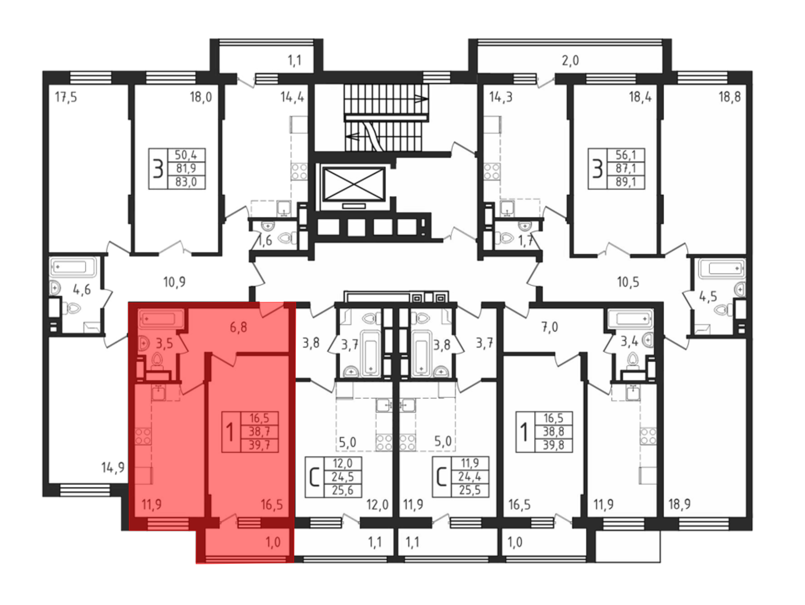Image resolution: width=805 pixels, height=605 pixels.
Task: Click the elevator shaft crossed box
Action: (354, 184)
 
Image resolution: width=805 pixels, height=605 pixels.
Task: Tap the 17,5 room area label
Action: (66, 97)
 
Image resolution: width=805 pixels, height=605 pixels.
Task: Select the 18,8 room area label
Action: (729, 97)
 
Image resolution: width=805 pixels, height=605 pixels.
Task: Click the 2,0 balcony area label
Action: (570, 60)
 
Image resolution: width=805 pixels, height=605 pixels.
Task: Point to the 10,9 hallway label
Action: (174, 282)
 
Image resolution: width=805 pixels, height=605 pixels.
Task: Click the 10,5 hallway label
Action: (628, 282)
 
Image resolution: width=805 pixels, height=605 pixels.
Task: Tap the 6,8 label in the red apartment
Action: (238, 327)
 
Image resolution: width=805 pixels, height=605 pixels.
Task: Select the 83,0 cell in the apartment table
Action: (186, 182)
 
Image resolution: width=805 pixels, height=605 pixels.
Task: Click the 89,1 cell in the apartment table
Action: (626, 182)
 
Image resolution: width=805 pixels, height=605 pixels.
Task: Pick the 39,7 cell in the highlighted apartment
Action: (259, 445)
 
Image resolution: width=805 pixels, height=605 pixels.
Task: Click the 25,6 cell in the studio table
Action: (343, 490)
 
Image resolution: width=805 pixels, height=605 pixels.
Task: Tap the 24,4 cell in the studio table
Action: (469, 477)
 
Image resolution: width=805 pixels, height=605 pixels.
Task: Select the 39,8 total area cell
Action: (553, 445)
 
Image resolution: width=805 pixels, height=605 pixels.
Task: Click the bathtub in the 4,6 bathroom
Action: (73, 267)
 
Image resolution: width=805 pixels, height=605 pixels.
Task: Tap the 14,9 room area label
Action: (113, 468)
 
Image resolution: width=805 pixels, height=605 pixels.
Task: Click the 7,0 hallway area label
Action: (549, 327)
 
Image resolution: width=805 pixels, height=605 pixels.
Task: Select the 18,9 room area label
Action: (679, 504)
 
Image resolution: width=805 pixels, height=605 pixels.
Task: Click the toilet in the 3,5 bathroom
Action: (157, 360)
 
